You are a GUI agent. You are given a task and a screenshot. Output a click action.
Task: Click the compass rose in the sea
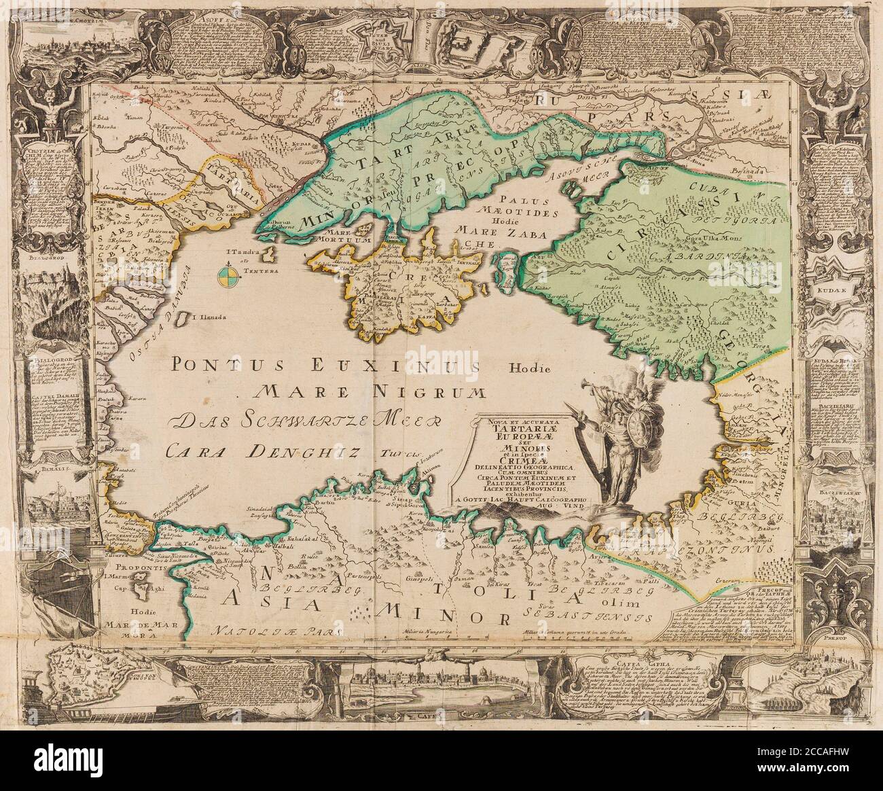click(229, 275)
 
